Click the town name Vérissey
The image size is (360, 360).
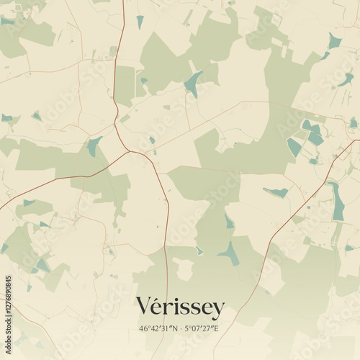coord(180,307)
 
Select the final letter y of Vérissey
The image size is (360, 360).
coord(217,310)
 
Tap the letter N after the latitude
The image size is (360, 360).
coord(174,328)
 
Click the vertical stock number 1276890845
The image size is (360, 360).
coord(8,302)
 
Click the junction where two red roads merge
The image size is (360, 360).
coord(129,151)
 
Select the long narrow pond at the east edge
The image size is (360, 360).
coord(337,202)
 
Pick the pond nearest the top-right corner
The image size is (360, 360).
coord(334,40)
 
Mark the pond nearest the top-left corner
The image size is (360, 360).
coord(7,21)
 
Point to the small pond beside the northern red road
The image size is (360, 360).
coord(140,22)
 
